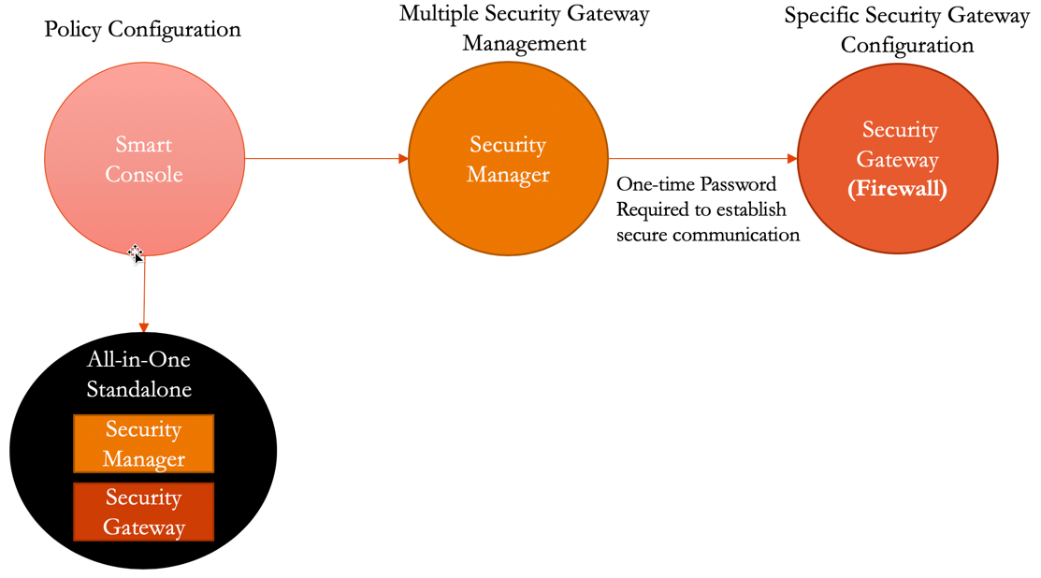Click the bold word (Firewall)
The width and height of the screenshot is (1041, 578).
(897, 189)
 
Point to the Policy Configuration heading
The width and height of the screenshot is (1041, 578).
(142, 29)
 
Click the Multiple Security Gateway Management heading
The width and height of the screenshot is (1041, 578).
(524, 29)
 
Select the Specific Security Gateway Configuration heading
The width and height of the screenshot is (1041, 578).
(906, 30)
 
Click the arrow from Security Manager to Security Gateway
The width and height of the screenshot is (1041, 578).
(701, 159)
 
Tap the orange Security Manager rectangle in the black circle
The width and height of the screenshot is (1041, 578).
(144, 444)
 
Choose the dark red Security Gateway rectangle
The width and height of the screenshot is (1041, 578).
(144, 512)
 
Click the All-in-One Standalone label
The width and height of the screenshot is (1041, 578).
(139, 374)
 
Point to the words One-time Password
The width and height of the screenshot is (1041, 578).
(696, 184)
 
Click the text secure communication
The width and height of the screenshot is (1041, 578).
(708, 235)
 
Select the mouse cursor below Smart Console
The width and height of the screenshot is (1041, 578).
(136, 253)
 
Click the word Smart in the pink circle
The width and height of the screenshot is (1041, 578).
(144, 144)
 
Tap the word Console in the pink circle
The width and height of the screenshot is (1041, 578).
(144, 174)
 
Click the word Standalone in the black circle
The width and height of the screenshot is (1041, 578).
(139, 388)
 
